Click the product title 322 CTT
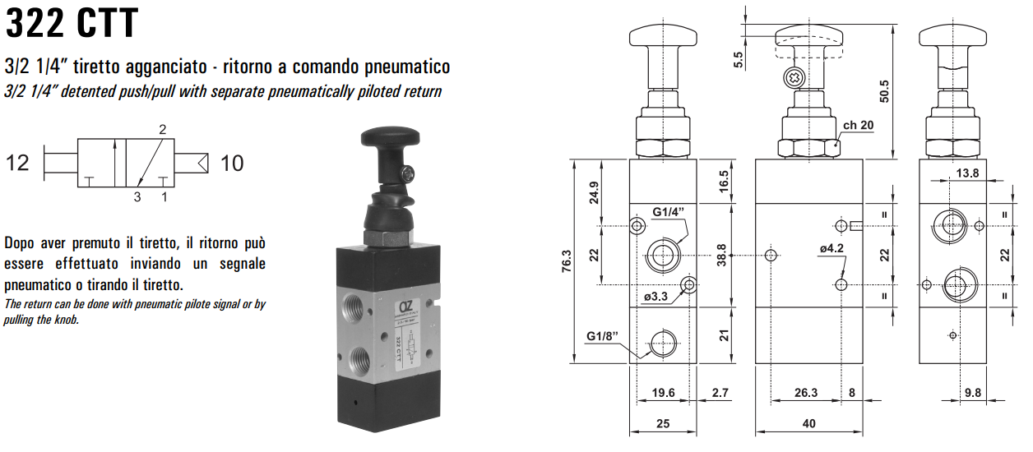pyautogui.click(x=72, y=23)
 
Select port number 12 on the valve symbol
pyautogui.click(x=17, y=163)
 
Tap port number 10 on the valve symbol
pyautogui.click(x=232, y=164)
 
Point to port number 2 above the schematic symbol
pyautogui.click(x=163, y=129)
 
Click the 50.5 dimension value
pyautogui.click(x=884, y=90)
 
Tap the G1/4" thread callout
pyautogui.click(x=669, y=212)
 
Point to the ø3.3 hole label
pyautogui.click(x=655, y=297)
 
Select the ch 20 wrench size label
pyautogui.click(x=858, y=126)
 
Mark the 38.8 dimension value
pyautogui.click(x=721, y=255)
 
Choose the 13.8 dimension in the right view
pyautogui.click(x=967, y=173)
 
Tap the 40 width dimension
pyautogui.click(x=808, y=423)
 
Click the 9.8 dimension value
pyautogui.click(x=972, y=393)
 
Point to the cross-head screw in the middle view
pyautogui.click(x=794, y=77)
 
